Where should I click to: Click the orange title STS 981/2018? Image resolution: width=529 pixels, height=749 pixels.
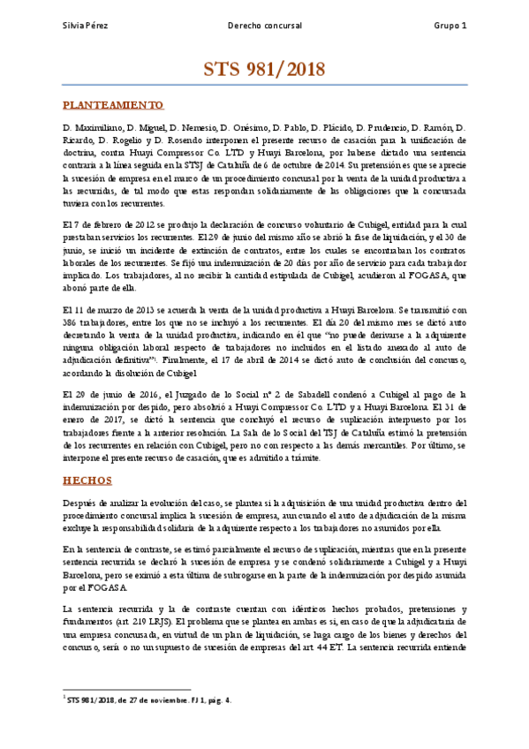coord(264,70)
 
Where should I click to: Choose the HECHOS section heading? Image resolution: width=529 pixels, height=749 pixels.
coord(87,480)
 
